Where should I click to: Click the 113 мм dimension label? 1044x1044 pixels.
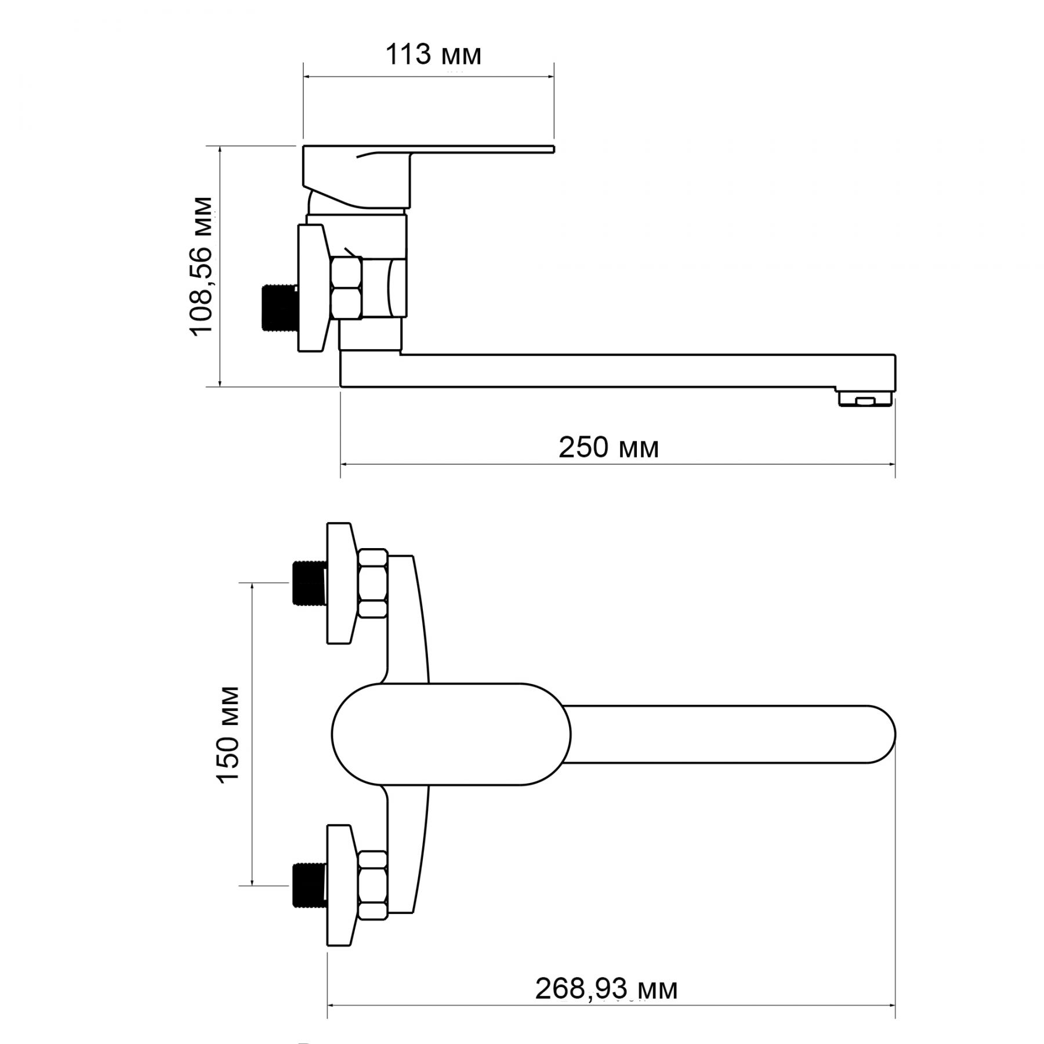[434, 55]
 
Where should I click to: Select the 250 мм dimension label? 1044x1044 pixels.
[608, 448]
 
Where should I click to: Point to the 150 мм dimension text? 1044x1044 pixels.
[228, 735]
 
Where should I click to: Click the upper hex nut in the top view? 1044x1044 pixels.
[373, 583]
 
